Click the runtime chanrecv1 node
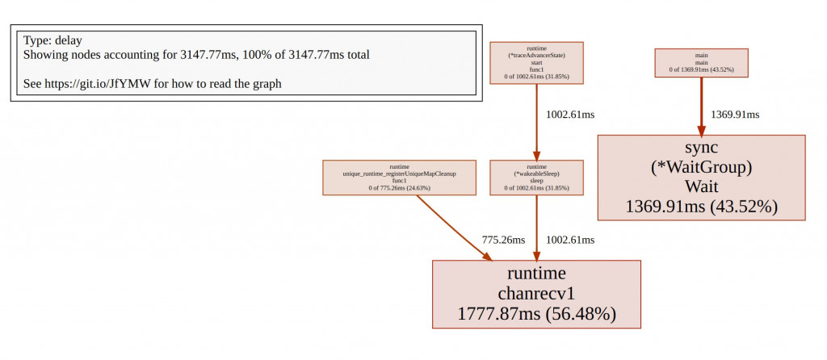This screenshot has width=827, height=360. coord(536,294)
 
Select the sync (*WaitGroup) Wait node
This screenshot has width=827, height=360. coord(701,177)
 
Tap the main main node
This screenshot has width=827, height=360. coord(701,63)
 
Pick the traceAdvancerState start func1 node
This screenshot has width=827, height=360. coord(536,63)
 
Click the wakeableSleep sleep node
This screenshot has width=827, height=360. coord(536,177)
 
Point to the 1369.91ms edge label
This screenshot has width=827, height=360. coord(735,115)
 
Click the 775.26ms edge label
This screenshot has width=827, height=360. coord(503,240)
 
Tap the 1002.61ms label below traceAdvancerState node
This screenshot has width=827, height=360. coord(570,115)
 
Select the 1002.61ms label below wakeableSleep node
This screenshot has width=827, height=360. coord(570,240)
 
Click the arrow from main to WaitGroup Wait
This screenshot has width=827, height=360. coord(701,106)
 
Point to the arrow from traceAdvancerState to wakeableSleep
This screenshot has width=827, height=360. coord(536,121)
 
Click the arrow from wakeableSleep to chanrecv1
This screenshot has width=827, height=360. coord(536,227)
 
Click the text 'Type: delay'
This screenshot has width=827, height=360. coord(52,40)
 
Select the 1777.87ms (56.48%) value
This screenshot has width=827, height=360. coord(536,313)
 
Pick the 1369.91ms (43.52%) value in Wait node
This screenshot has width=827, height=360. coord(701,206)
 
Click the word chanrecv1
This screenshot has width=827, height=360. coord(536,292)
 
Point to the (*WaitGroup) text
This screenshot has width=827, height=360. coord(701,167)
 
